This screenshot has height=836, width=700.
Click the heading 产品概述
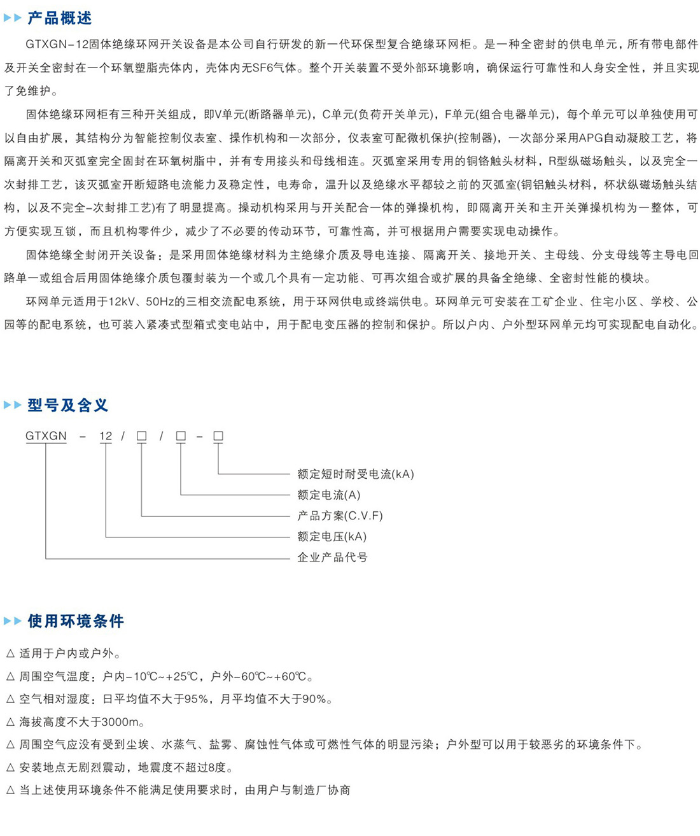[x=59, y=18]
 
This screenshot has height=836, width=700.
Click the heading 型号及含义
[x=67, y=405]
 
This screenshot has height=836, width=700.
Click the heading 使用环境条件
[x=75, y=621]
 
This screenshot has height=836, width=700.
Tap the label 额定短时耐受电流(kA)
[x=355, y=474]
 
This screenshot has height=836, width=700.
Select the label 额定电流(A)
[x=328, y=495]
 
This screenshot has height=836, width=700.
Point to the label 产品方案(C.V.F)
[x=340, y=516]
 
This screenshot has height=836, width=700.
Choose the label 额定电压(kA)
[x=332, y=536]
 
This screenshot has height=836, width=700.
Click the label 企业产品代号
[x=332, y=557]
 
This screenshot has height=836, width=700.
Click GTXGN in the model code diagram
[x=46, y=436]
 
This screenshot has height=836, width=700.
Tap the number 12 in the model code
[x=106, y=436]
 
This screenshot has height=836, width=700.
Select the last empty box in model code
[x=218, y=436]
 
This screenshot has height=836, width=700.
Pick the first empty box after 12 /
[x=142, y=436]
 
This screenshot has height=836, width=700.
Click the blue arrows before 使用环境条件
[x=13, y=621]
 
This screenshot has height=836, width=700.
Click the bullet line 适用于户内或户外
[x=69, y=653]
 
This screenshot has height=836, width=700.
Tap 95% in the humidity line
[x=196, y=699]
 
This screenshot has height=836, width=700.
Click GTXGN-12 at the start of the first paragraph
[x=53, y=45]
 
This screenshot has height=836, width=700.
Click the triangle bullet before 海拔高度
[x=10, y=722]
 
